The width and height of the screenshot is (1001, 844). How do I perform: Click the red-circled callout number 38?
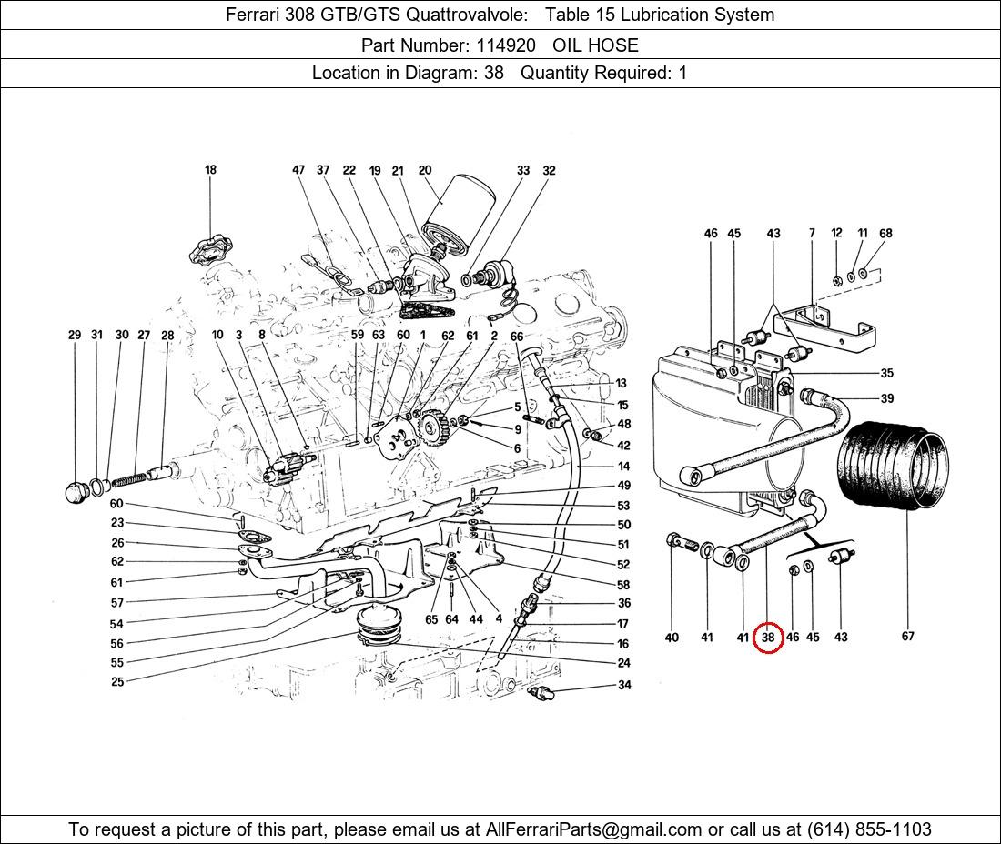pos(768,638)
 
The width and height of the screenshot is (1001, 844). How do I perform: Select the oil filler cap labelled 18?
pos(210,248)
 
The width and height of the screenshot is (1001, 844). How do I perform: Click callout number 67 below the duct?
pos(907,637)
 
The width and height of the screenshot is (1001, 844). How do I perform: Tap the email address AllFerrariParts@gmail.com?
pos(594,829)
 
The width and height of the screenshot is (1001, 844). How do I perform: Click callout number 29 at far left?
pos(75,335)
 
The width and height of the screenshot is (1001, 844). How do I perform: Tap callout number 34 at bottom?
pos(623,686)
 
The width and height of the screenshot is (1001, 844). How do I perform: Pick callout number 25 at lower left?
pos(117,681)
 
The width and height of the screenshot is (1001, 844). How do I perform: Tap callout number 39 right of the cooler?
pos(886,398)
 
